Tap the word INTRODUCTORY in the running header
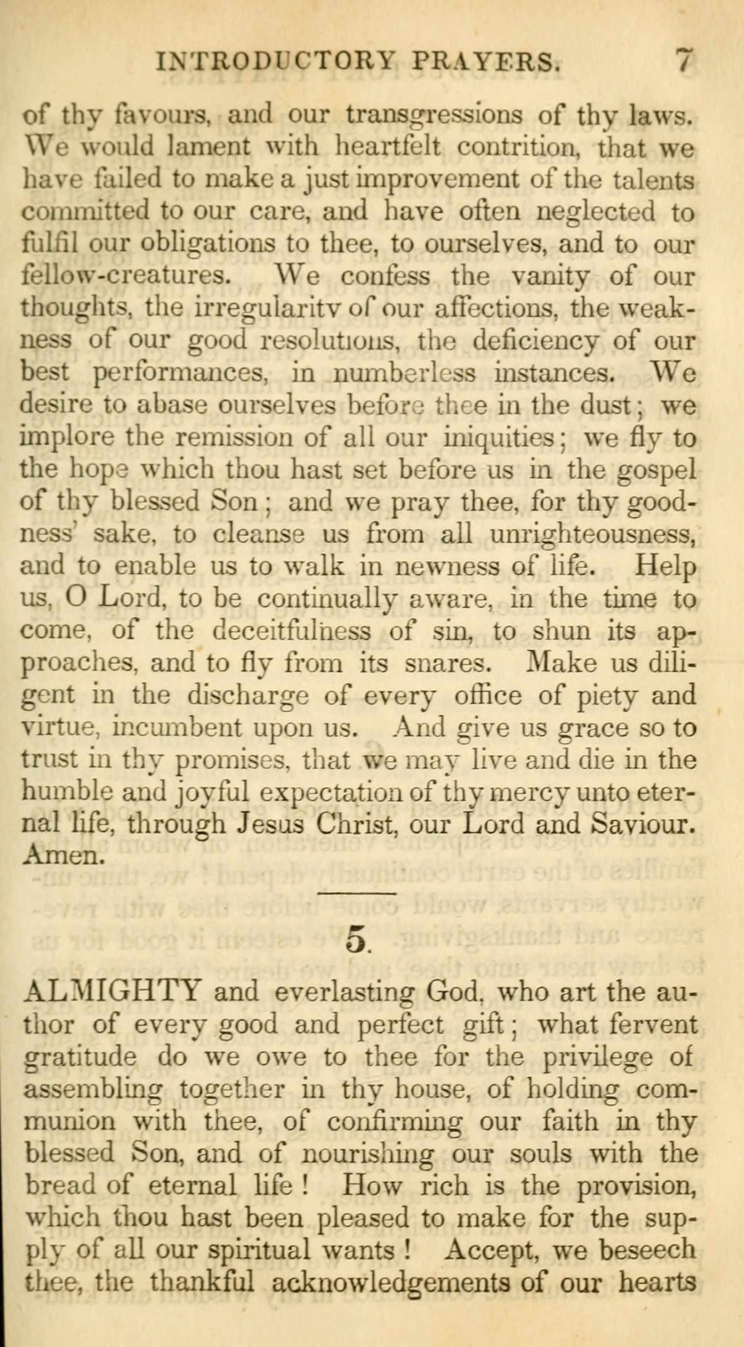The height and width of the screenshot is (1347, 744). [x=274, y=64]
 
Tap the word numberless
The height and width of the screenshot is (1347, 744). [x=405, y=372]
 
